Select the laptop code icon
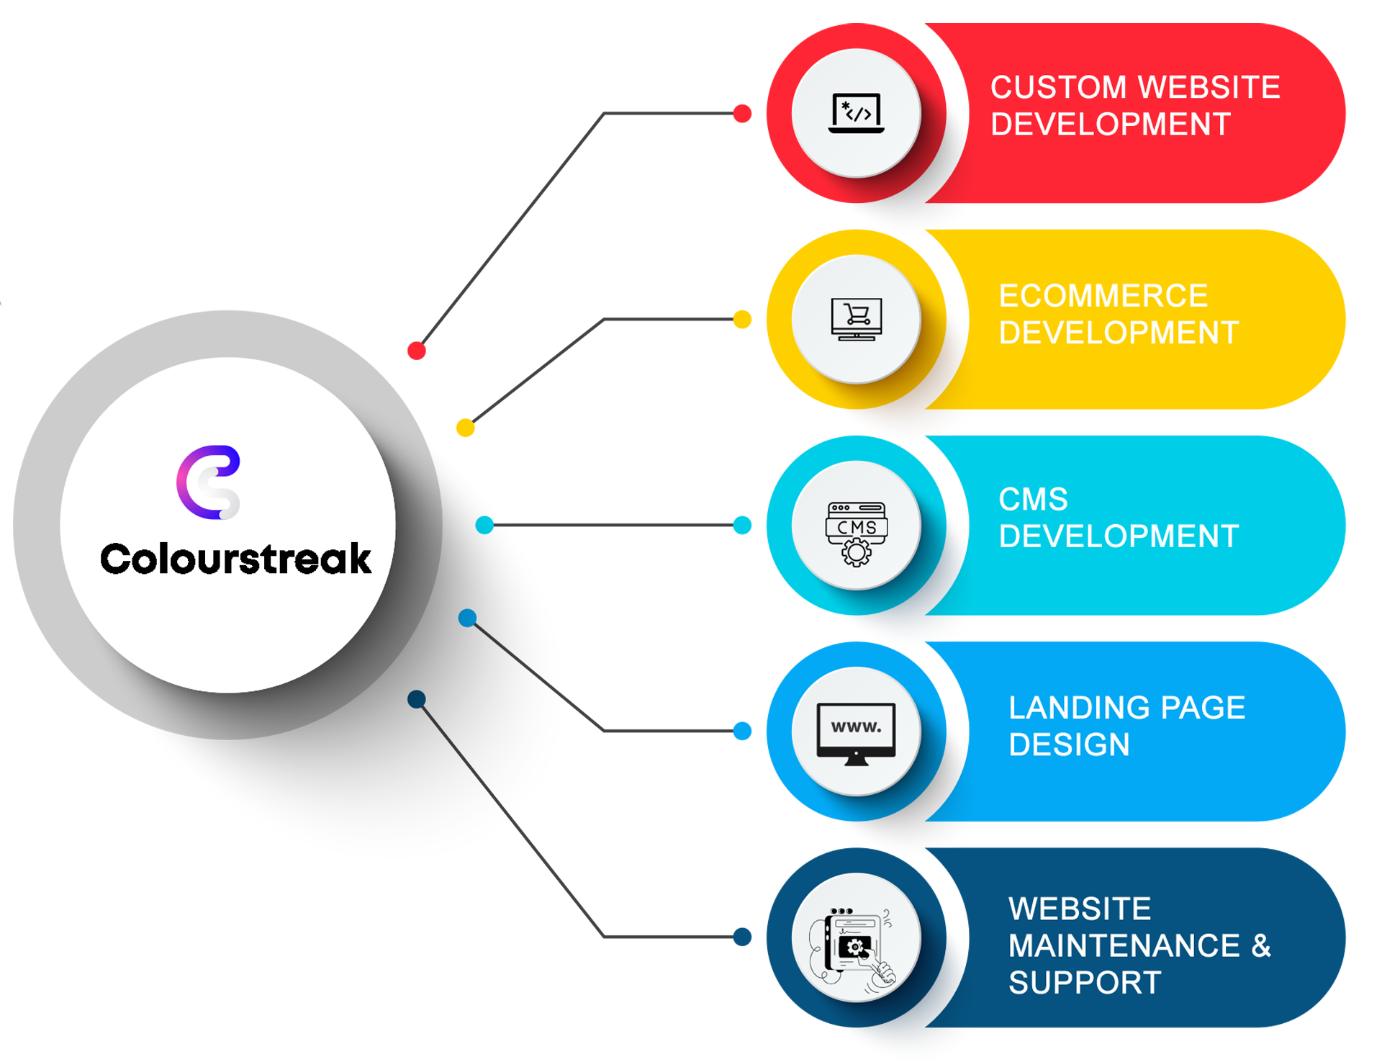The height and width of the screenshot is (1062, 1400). pyautogui.click(x=856, y=113)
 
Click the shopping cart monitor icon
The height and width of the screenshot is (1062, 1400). pyautogui.click(x=856, y=319)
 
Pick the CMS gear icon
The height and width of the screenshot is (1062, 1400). pyautogui.click(x=856, y=534)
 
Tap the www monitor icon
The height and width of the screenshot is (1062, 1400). pyautogui.click(x=856, y=734)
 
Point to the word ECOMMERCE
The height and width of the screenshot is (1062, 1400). pyautogui.click(x=1103, y=296)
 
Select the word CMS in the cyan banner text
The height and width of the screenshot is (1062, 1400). pyautogui.click(x=1033, y=500)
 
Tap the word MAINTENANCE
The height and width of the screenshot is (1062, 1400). pyautogui.click(x=1124, y=945)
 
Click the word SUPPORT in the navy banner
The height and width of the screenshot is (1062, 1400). pyautogui.click(x=1085, y=983)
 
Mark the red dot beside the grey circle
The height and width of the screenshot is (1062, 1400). pyautogui.click(x=417, y=351)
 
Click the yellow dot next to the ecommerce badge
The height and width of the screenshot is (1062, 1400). pyautogui.click(x=742, y=319)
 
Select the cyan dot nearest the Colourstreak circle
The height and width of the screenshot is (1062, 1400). pyautogui.click(x=484, y=525)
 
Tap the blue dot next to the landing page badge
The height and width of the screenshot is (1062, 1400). pyautogui.click(x=742, y=731)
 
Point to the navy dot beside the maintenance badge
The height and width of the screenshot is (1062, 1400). pyautogui.click(x=742, y=937)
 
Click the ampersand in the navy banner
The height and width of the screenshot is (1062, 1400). pyautogui.click(x=1261, y=945)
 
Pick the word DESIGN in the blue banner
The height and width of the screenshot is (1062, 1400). pyautogui.click(x=1069, y=745)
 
